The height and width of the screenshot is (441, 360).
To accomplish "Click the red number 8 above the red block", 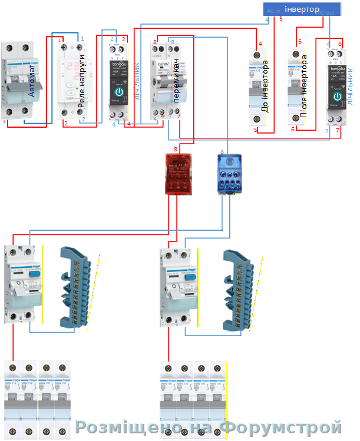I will coord(174,150).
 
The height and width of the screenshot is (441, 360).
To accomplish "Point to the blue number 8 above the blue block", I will coord(222,151).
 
